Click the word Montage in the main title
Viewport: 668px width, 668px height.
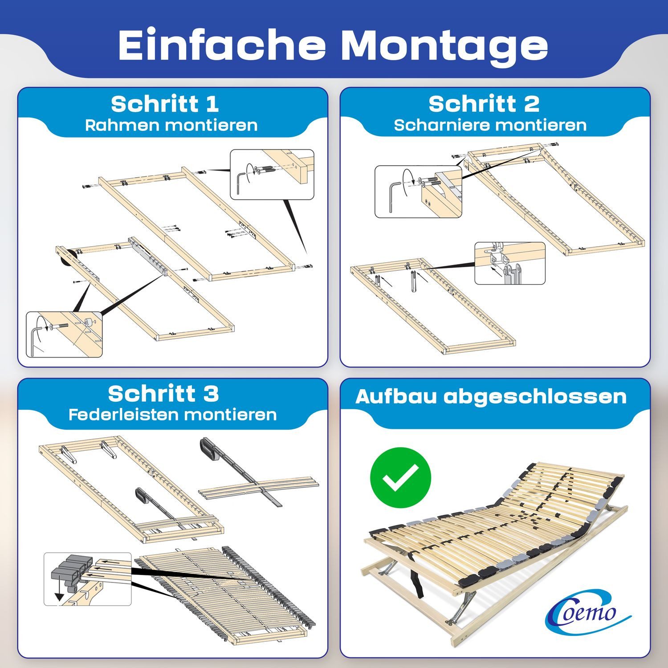tap(446, 46)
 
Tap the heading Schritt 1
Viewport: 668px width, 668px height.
tap(165, 104)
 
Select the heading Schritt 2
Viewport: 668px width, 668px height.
tap(484, 104)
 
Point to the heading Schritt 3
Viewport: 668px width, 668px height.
tap(163, 394)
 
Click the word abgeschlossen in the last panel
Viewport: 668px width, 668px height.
tap(535, 396)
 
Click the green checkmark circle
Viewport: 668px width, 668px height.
tap(400, 477)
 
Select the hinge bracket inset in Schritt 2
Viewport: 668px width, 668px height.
tap(509, 263)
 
